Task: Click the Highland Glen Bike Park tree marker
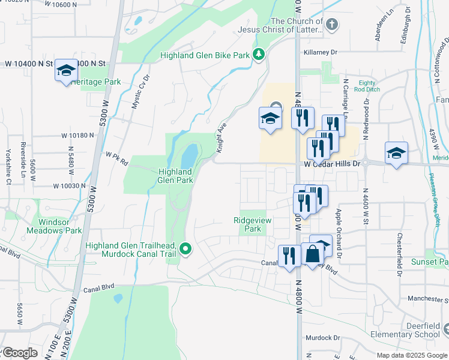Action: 259,55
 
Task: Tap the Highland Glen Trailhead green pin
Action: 186,248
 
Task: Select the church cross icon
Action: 332,24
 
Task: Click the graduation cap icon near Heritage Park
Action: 65,71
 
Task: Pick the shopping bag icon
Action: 313,255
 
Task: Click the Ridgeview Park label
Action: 253,224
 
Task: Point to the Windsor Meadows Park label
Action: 56,226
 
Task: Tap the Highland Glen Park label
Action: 175,175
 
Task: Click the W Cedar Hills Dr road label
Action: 332,163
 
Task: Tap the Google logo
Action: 20,353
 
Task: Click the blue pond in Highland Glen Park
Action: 189,156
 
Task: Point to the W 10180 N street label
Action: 77,136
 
